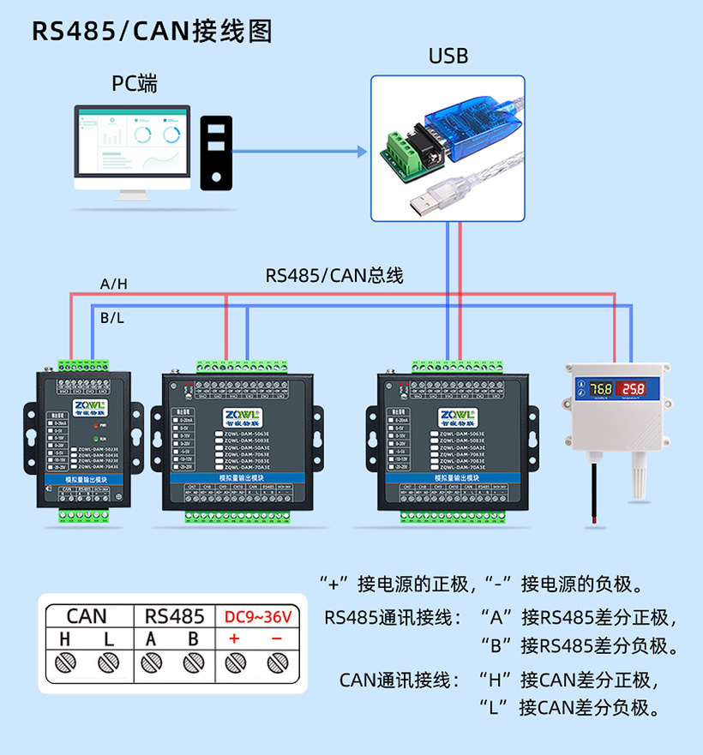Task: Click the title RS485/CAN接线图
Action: click(152, 32)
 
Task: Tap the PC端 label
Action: click(135, 84)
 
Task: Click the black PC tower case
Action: click(217, 152)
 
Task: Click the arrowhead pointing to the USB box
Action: click(363, 152)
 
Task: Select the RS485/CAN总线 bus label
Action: click(333, 276)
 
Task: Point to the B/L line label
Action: click(111, 318)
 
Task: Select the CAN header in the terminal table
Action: click(87, 616)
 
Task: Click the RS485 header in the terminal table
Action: click(174, 616)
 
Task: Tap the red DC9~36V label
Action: click(257, 616)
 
